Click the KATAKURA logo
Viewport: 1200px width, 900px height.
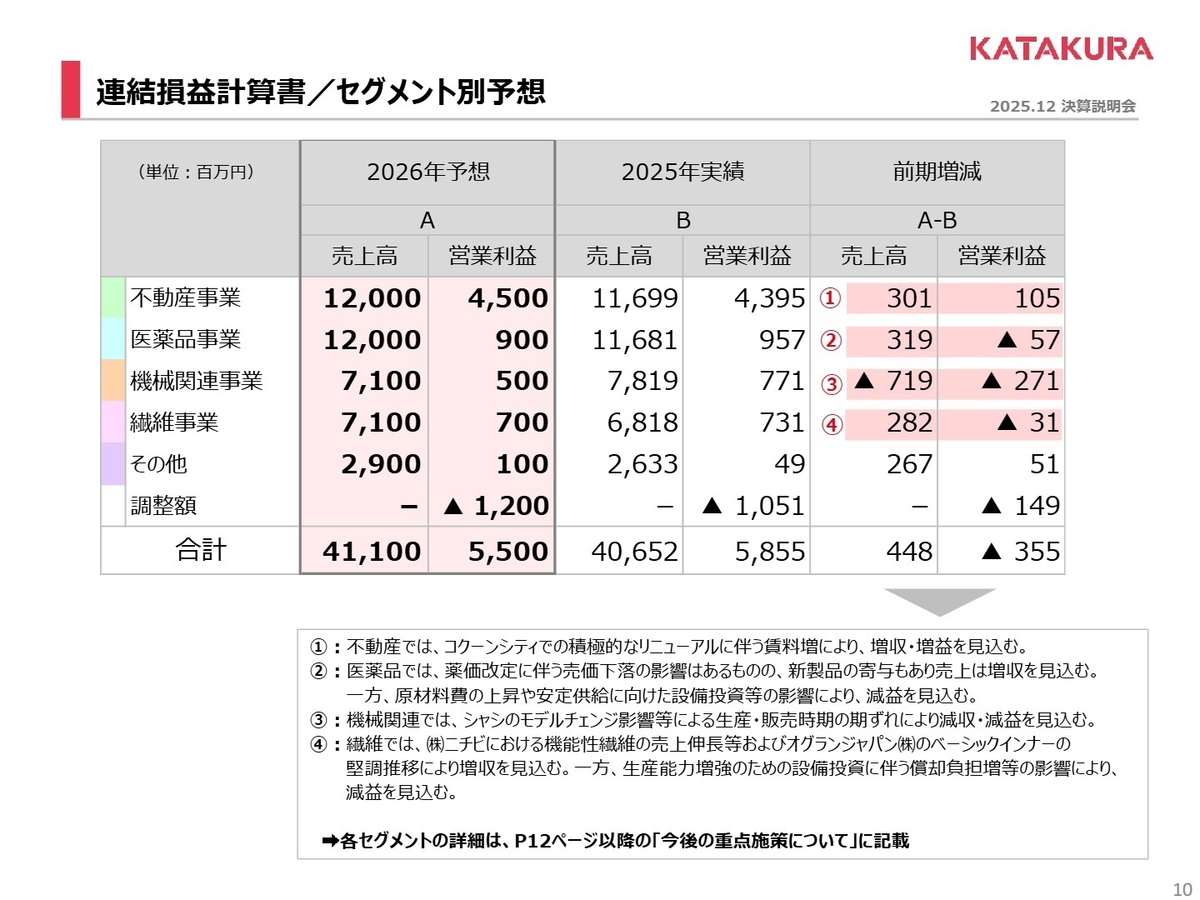[1061, 48]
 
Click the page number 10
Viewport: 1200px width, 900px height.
[1182, 889]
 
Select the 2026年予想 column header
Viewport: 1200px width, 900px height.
[427, 172]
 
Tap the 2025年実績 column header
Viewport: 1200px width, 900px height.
[682, 172]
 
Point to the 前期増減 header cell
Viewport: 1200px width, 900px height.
[937, 172]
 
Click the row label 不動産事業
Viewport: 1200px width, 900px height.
[185, 298]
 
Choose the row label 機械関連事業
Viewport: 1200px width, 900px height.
[196, 381]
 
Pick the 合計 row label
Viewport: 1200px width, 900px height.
[201, 550]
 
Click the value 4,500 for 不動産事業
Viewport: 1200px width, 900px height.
[507, 298]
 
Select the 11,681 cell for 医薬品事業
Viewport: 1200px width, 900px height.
[634, 340]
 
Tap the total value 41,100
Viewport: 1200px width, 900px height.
[372, 551]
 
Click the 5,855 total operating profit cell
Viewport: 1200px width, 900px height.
[769, 551]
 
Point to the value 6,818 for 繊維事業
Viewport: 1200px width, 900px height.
[642, 422]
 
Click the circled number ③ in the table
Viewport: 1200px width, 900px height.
[831, 383]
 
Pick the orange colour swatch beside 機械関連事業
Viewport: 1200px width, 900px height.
[112, 381]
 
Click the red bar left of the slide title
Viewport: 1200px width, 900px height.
[71, 89]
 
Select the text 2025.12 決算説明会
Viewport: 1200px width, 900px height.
[1062, 106]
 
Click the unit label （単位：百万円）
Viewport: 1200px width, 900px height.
[196, 172]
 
